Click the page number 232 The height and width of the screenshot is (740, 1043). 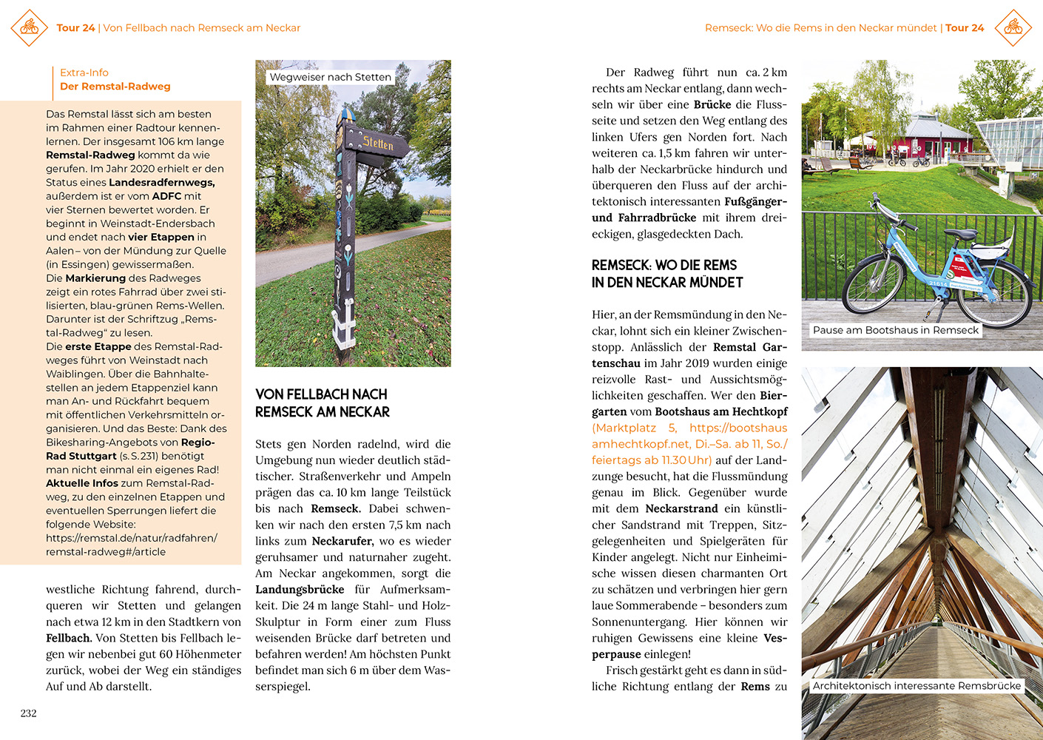[28, 713]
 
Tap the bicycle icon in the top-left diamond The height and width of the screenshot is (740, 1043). [30, 27]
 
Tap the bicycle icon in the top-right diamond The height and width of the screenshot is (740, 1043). [1013, 27]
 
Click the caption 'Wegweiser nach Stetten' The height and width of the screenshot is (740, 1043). [330, 77]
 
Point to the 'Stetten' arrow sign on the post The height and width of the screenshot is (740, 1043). [378, 143]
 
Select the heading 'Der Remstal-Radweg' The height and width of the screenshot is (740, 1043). [115, 87]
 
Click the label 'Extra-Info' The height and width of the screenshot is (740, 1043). [84, 73]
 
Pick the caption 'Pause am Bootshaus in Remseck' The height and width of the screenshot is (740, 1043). [895, 330]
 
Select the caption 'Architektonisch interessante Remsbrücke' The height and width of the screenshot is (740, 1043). [917, 686]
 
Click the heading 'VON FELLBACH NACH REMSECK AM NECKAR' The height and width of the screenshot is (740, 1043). [323, 403]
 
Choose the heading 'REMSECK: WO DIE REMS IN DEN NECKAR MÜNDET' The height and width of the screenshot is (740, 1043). [667, 274]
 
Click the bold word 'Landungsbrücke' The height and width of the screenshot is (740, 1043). [300, 590]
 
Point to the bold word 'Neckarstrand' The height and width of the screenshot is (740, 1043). [681, 509]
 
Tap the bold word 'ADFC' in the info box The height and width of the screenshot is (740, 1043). [166, 196]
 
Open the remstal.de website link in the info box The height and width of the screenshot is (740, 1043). [131, 545]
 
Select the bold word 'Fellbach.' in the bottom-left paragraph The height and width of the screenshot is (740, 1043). [69, 638]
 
